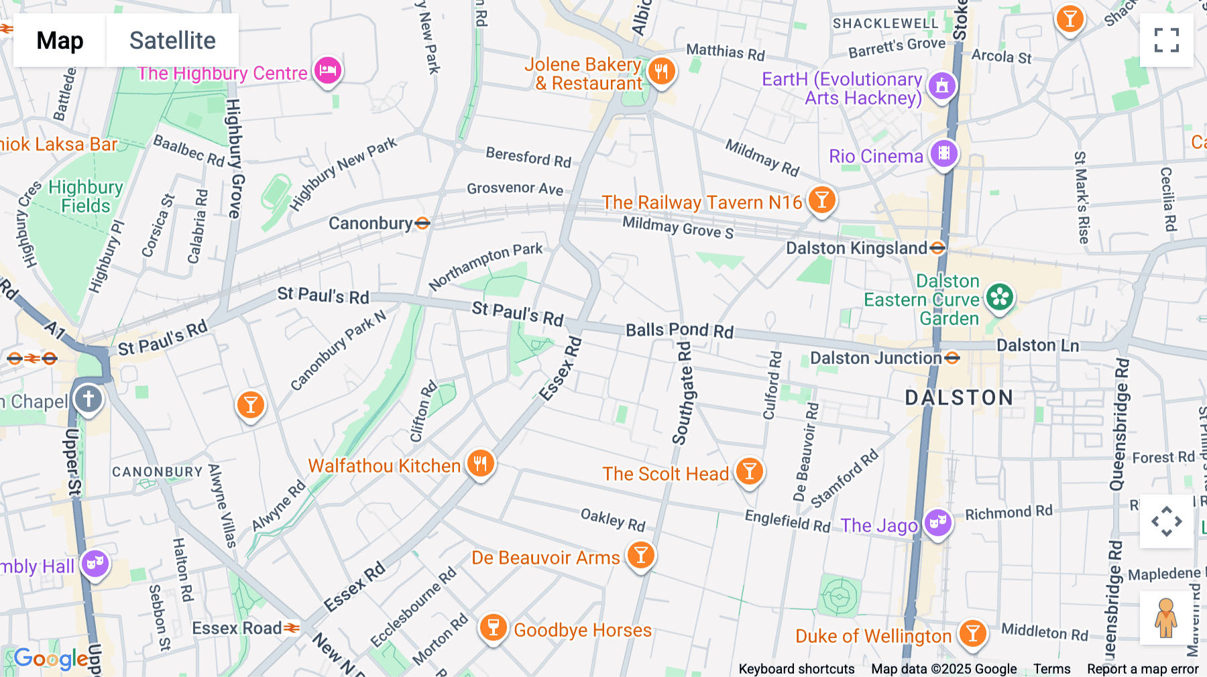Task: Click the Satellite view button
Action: click(172, 40)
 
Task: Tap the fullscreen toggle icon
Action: click(1166, 40)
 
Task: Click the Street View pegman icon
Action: click(1166, 618)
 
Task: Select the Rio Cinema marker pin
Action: click(943, 153)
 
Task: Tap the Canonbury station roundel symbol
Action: click(422, 223)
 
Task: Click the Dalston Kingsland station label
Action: click(856, 249)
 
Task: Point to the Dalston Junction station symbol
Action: click(952, 358)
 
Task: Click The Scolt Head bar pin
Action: click(749, 471)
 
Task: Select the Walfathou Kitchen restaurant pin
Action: click(480, 463)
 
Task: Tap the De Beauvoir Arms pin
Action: click(640, 555)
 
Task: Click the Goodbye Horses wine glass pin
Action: click(493, 627)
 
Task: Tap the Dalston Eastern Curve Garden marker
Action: click(999, 297)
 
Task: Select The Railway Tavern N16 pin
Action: click(821, 200)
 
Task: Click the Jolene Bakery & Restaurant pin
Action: click(661, 70)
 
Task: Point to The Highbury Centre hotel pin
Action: click(327, 70)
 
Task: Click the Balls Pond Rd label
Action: click(679, 330)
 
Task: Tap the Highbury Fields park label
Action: click(85, 196)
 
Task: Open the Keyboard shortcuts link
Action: click(796, 669)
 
